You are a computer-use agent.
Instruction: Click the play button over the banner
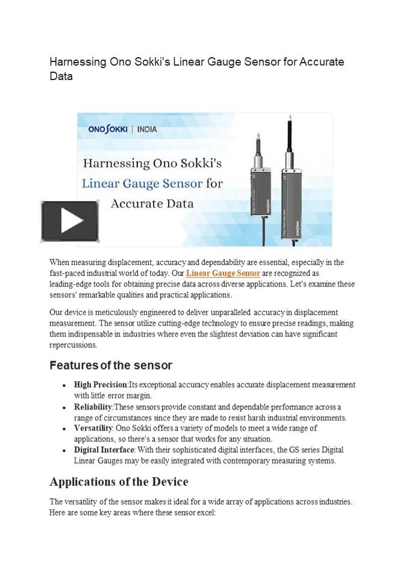pyautogui.click(x=69, y=222)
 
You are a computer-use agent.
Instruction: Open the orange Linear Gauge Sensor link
pyautogui.click(x=223, y=273)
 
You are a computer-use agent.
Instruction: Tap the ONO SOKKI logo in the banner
pyautogui.click(x=107, y=129)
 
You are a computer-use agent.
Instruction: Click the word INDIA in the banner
pyautogui.click(x=147, y=129)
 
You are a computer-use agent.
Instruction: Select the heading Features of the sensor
pyautogui.click(x=111, y=365)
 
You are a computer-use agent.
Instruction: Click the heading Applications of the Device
pyautogui.click(x=119, y=482)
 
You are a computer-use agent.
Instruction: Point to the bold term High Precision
pyautogui.click(x=101, y=385)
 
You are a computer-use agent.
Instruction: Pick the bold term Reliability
pyautogui.click(x=93, y=407)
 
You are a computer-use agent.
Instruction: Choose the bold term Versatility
pyautogui.click(x=93, y=428)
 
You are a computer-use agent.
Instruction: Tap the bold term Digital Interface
pyautogui.click(x=104, y=450)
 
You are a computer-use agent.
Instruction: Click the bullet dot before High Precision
pyautogui.click(x=64, y=385)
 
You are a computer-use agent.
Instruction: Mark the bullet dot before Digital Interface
pyautogui.click(x=64, y=450)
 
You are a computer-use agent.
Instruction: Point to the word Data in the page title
pyautogui.click(x=61, y=76)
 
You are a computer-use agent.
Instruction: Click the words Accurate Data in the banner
pyautogui.click(x=152, y=204)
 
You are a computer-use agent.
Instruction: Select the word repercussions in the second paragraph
pyautogui.click(x=73, y=345)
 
